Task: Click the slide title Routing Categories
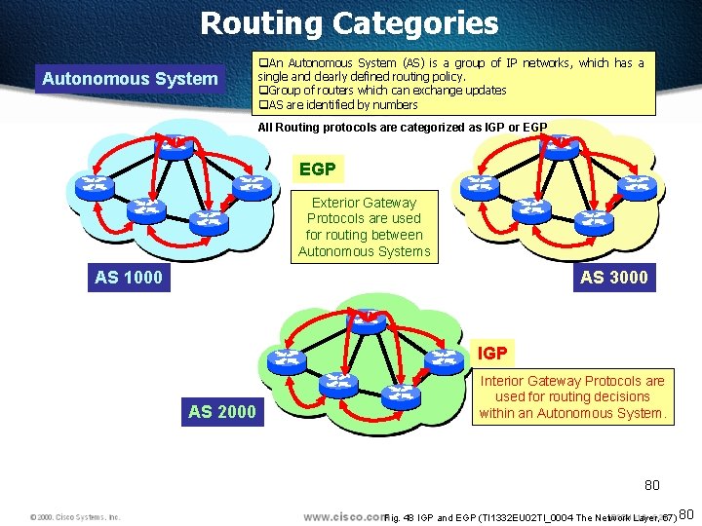[349, 23]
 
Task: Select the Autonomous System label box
[130, 78]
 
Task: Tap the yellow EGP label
[318, 169]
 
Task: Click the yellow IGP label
[491, 353]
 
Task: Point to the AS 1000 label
[129, 278]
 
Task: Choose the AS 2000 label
[222, 411]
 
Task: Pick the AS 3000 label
[613, 278]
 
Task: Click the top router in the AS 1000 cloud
[176, 145]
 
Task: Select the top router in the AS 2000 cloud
[367, 320]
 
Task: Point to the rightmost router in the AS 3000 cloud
[637, 185]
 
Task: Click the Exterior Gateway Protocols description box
[364, 227]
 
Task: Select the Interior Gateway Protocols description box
[571, 396]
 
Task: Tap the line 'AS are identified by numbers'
[341, 104]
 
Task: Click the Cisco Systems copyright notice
[74, 516]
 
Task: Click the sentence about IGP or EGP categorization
[402, 128]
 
